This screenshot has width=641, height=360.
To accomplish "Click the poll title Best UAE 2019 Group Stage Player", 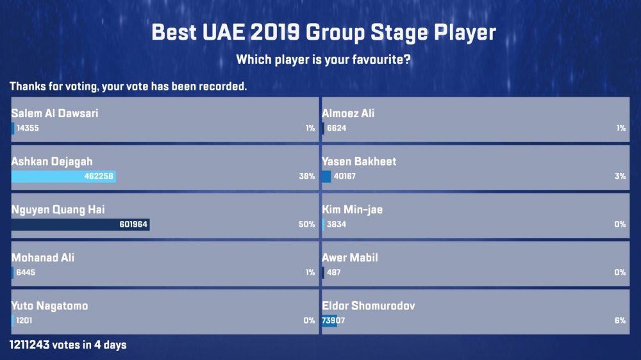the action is click(323, 32).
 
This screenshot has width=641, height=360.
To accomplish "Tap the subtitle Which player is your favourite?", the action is click(323, 60).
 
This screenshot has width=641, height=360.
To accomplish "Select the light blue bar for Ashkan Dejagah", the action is click(63, 176).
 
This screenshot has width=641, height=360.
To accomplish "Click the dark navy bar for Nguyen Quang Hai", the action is click(80, 224).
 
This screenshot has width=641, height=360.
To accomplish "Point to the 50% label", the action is click(306, 224).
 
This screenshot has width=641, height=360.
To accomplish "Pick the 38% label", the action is click(306, 176).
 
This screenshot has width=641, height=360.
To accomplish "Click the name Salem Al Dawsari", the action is click(54, 113).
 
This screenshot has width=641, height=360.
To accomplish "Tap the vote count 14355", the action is click(28, 128).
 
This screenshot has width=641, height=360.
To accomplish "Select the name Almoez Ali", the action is click(348, 113).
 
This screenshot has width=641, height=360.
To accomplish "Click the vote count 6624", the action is click(337, 128).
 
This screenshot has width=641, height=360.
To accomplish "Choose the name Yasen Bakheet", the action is click(359, 161).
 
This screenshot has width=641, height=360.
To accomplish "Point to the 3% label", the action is click(620, 176).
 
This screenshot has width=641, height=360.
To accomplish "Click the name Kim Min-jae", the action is click(352, 209).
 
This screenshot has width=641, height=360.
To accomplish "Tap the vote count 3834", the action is click(337, 224).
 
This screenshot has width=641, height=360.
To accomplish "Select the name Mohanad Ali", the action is click(42, 258).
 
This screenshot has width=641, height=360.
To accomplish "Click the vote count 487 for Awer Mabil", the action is click(333, 272).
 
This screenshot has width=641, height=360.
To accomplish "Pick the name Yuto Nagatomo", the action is click(49, 306).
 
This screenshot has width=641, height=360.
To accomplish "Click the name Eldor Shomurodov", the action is click(369, 306).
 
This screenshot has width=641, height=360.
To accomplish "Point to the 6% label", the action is click(620, 320).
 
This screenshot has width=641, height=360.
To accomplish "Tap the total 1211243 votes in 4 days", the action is click(68, 345).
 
